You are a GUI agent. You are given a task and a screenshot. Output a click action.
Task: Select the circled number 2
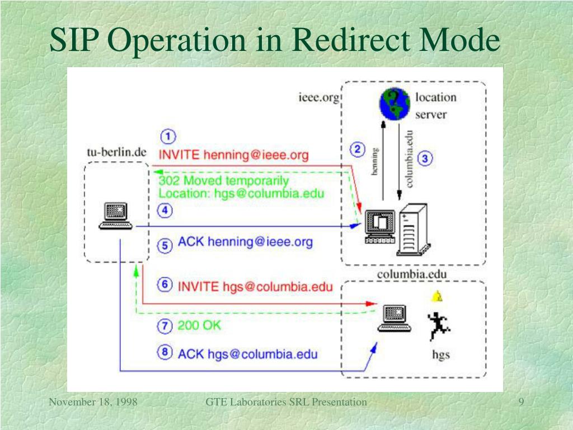[358, 149]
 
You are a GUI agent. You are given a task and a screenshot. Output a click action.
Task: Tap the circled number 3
[425, 158]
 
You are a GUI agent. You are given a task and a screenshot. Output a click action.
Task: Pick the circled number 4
[165, 211]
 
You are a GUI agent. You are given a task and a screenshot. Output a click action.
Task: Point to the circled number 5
[165, 245]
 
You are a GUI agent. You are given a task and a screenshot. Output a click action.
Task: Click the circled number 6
[165, 285]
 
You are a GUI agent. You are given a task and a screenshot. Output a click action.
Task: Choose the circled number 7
[165, 325]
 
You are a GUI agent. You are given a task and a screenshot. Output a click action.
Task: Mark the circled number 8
[165, 353]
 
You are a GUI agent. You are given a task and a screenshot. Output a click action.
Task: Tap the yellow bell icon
[437, 296]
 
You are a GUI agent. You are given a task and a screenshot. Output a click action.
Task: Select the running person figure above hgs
[436, 326]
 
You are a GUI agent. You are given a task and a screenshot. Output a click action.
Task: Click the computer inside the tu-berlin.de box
[116, 216]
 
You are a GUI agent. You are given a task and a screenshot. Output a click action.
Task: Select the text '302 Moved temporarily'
[224, 181]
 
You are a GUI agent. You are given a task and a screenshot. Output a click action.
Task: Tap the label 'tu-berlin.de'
[116, 152]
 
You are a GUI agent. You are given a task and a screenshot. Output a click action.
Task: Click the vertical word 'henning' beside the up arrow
[375, 162]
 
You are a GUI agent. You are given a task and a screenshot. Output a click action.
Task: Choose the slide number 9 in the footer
[521, 402]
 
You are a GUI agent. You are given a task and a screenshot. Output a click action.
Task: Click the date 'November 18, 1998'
[93, 402]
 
